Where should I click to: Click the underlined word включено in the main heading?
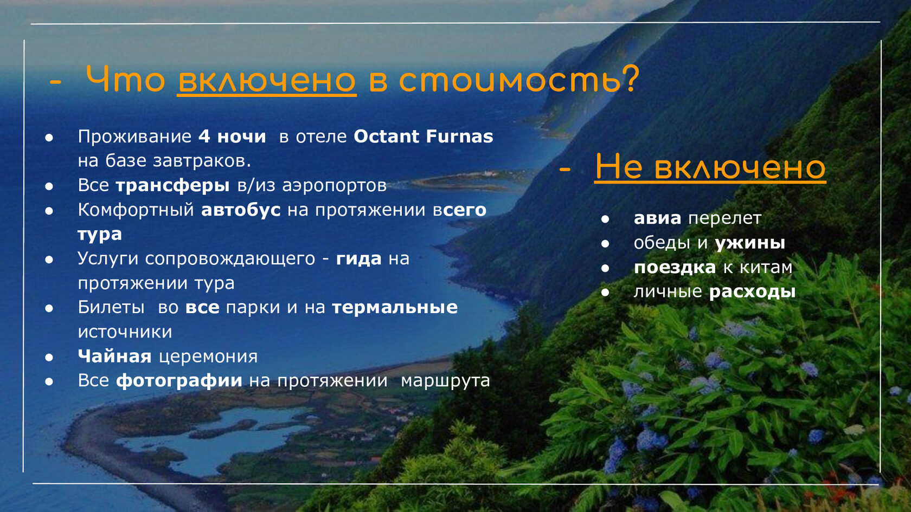point(267,80)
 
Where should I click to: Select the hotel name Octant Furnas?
point(424,137)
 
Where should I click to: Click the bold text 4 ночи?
point(232,137)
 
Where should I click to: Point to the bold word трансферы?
point(173,186)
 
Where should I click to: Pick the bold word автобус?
point(241,210)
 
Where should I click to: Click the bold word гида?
point(359,259)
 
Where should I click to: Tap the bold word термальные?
point(395,308)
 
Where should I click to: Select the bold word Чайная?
point(115,357)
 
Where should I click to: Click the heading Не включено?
point(710,167)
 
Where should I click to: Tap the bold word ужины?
point(750,243)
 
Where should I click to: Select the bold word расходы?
point(753,292)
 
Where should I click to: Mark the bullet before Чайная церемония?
point(49,357)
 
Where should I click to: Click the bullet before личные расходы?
point(605,292)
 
